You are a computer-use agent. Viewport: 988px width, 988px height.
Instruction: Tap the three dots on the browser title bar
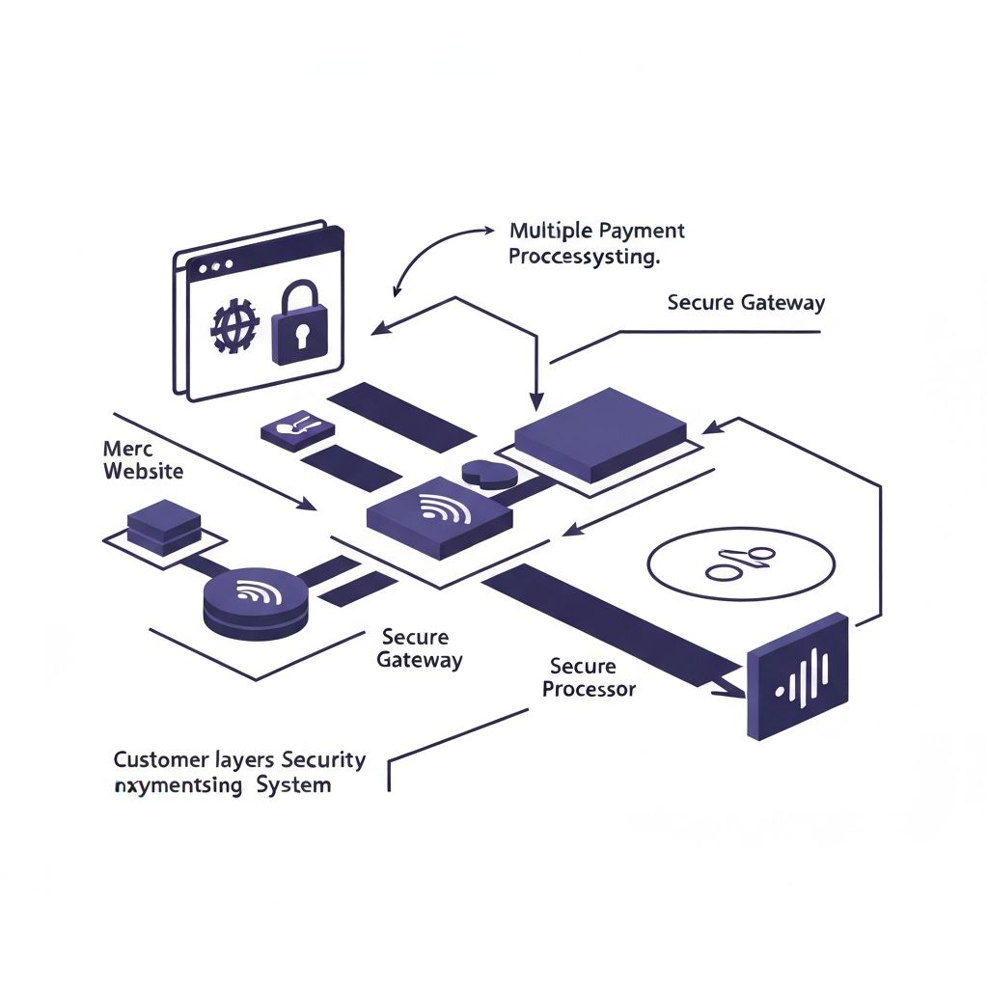click(214, 263)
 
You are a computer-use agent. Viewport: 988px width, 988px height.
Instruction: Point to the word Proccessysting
click(584, 258)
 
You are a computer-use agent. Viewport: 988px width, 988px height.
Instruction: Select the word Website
click(142, 472)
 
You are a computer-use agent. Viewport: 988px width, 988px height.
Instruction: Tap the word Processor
click(589, 689)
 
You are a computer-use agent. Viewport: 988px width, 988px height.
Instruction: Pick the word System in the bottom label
click(293, 784)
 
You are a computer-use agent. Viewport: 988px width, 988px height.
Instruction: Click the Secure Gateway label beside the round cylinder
click(418, 649)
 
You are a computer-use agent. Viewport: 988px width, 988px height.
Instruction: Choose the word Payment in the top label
click(642, 232)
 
